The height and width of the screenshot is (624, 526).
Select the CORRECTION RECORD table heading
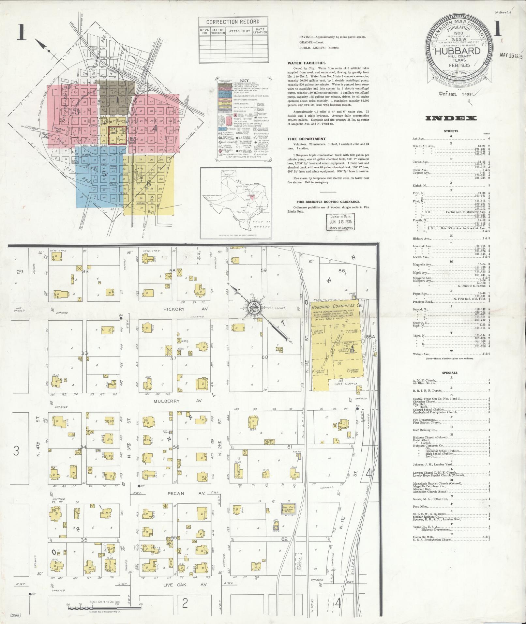point(233,22)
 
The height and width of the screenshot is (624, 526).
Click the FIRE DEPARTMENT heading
point(302,139)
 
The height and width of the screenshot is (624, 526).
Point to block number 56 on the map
point(176,447)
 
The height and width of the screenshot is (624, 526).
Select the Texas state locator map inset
point(236,203)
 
